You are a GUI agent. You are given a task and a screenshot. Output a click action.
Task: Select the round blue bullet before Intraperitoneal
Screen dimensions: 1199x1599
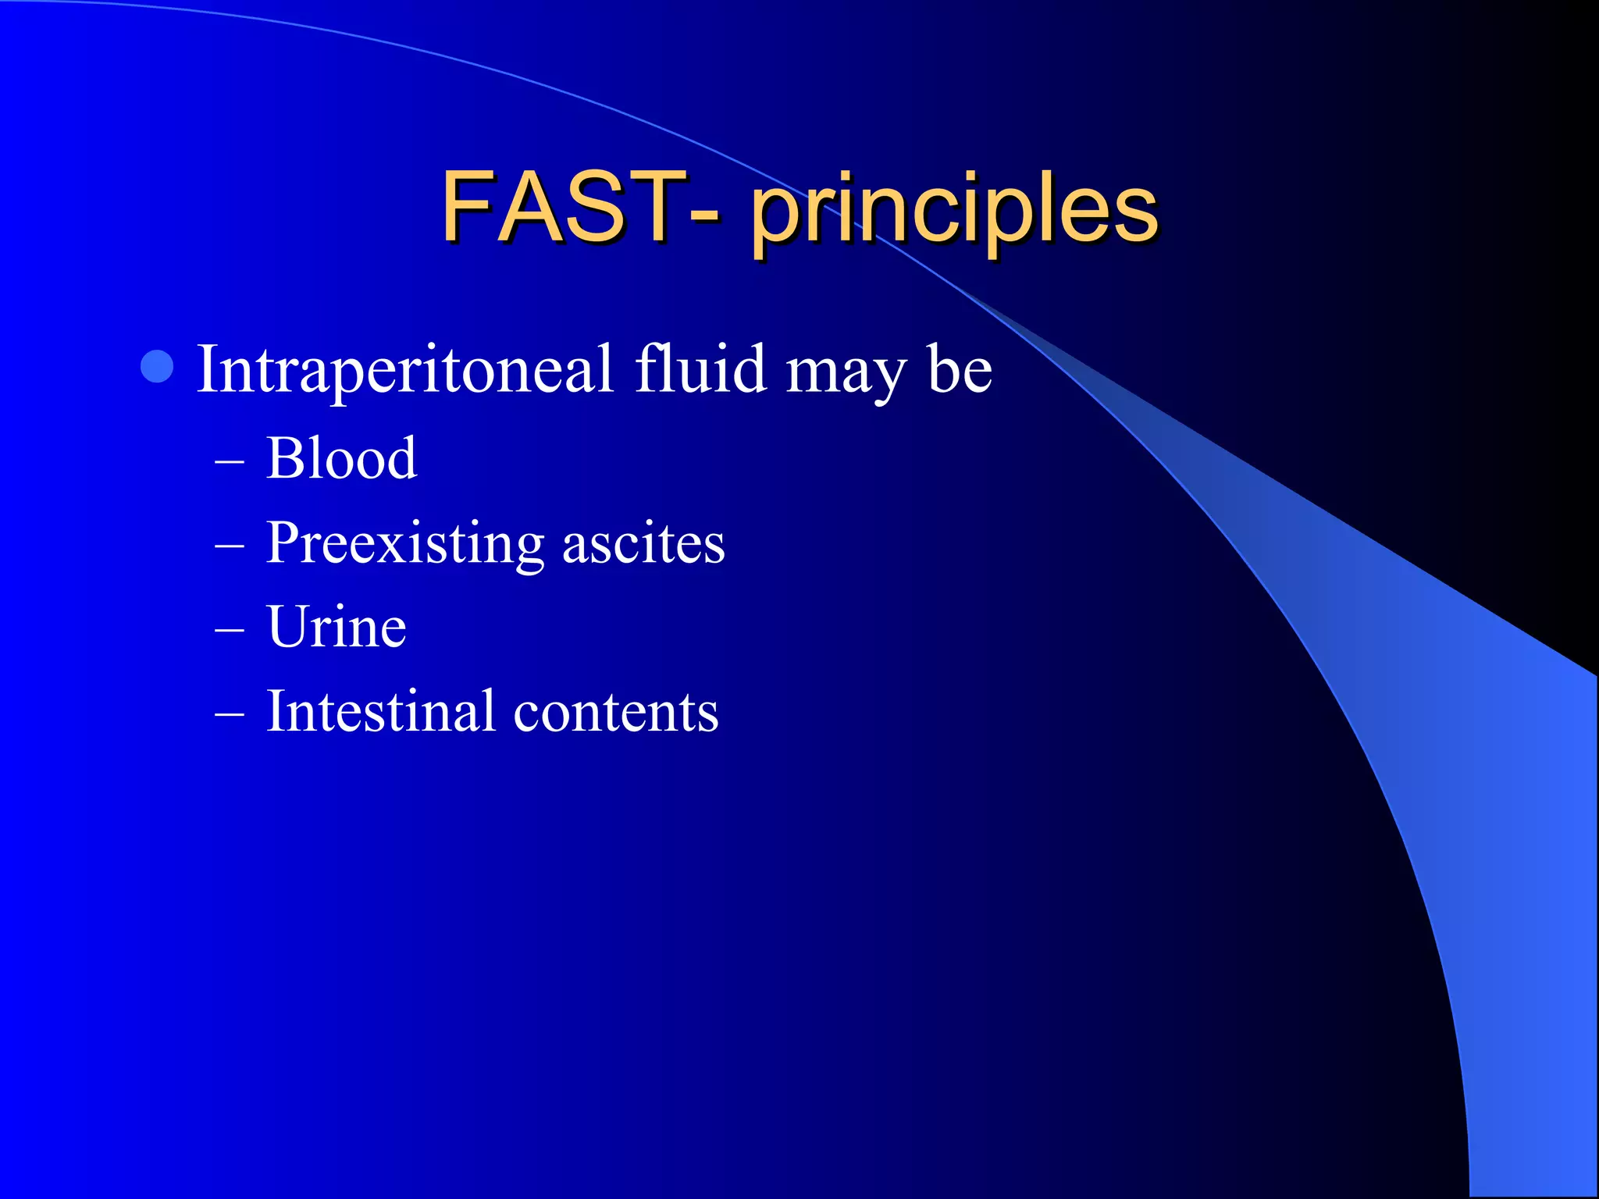tap(157, 367)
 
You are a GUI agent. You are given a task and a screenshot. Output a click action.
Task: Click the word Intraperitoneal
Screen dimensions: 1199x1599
tap(404, 370)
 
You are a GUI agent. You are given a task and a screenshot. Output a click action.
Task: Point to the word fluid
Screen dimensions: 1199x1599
tap(700, 368)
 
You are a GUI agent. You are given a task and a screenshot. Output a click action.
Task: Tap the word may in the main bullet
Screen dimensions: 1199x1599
tap(846, 375)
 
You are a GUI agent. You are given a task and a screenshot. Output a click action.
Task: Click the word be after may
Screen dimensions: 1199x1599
tap(960, 368)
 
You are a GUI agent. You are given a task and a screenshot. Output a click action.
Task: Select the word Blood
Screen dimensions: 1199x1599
tap(341, 458)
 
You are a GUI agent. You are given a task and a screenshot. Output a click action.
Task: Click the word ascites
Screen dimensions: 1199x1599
tap(643, 544)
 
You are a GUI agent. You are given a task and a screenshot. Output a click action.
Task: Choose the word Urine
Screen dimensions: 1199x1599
tap(337, 627)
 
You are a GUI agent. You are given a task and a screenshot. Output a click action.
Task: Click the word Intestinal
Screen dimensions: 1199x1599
tap(380, 711)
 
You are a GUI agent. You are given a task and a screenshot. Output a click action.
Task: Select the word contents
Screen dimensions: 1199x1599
tap(616, 713)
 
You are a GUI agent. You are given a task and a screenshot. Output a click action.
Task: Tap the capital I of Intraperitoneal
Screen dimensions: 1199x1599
tap(207, 368)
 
